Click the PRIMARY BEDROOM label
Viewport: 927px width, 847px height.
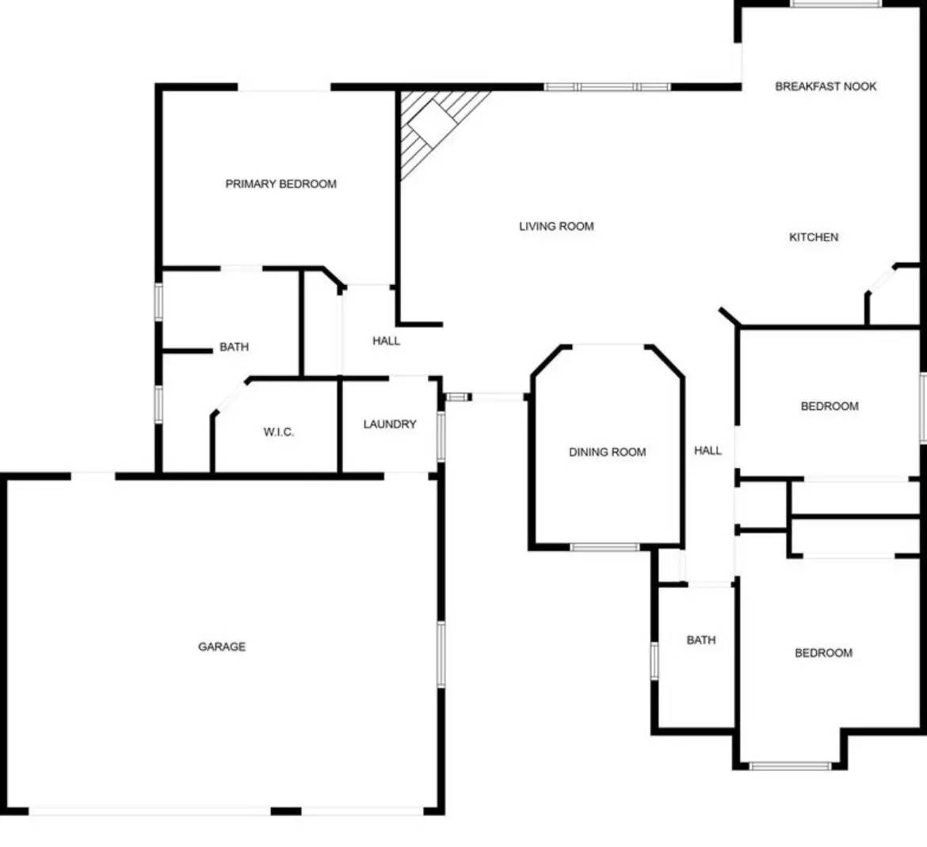[281, 184]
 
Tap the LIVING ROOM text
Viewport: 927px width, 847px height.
[556, 226]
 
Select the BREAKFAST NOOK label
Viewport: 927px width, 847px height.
[826, 86]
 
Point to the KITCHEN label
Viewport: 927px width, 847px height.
[814, 237]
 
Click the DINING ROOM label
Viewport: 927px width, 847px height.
[608, 452]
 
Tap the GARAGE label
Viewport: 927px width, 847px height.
[222, 647]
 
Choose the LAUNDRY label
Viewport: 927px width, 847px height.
[390, 424]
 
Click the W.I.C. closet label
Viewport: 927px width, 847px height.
[279, 432]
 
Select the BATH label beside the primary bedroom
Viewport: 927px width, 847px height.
[234, 347]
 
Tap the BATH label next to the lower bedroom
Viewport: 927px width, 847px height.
[701, 640]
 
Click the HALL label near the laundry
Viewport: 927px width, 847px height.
[387, 341]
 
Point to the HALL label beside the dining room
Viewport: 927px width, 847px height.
[708, 450]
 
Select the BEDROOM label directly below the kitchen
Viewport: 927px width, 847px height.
[830, 406]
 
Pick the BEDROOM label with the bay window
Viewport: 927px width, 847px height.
[824, 653]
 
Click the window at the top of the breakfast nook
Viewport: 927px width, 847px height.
[835, 4]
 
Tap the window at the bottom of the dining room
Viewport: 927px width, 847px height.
[605, 547]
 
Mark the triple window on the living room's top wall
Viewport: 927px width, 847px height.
[608, 87]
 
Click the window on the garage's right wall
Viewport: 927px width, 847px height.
[441, 653]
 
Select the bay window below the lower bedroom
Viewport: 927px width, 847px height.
[790, 765]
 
